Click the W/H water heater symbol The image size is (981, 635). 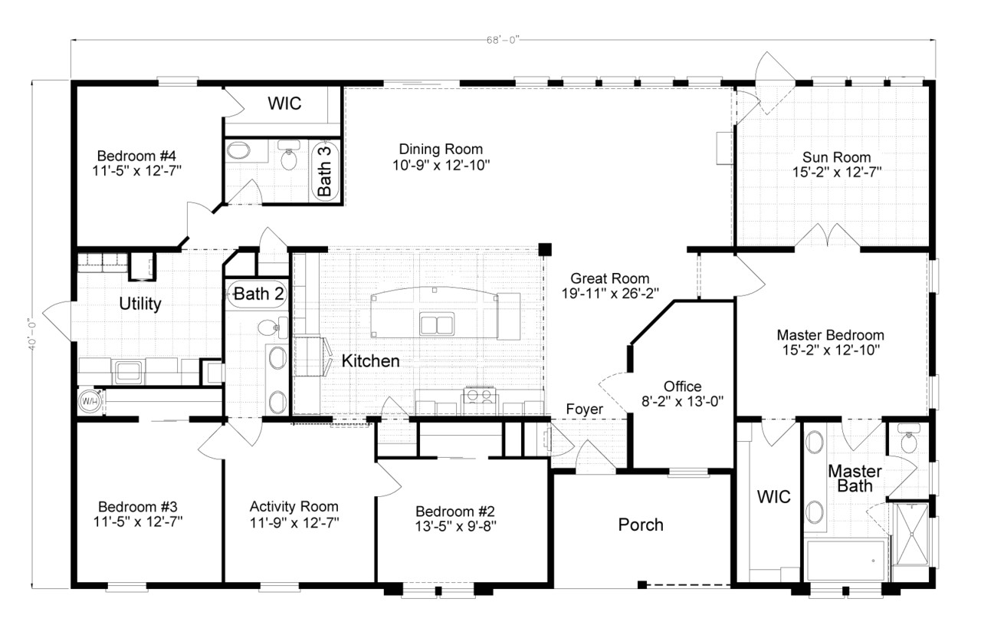tap(89, 401)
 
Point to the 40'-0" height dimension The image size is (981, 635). tap(31, 334)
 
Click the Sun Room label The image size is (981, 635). tap(836, 156)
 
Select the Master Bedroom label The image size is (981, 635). tap(830, 335)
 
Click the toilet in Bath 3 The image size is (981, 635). tap(289, 159)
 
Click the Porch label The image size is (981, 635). tap(641, 525)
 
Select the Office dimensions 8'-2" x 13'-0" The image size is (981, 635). tap(682, 400)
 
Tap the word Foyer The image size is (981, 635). tap(584, 410)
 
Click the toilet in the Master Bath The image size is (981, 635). tap(909, 443)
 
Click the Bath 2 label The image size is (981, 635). tap(259, 293)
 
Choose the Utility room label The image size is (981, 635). tap(140, 304)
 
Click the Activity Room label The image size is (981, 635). tap(294, 507)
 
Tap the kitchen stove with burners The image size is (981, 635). tap(479, 396)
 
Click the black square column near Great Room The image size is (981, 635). tap(544, 248)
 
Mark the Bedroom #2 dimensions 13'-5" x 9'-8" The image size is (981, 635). tap(455, 527)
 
